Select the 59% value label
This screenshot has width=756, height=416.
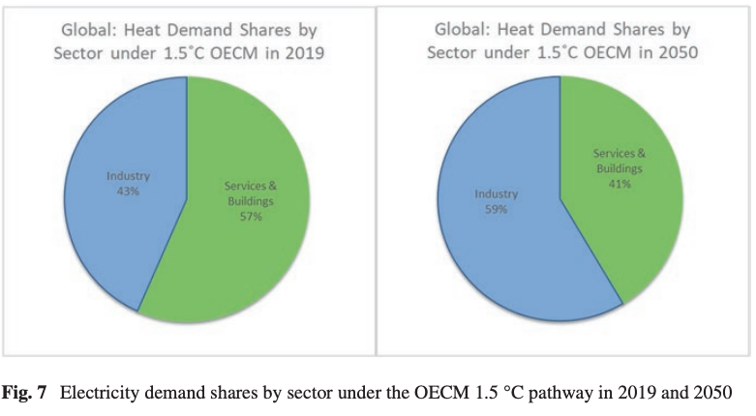[495, 208]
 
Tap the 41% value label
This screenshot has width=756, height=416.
[620, 183]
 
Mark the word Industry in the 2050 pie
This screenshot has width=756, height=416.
[495, 194]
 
